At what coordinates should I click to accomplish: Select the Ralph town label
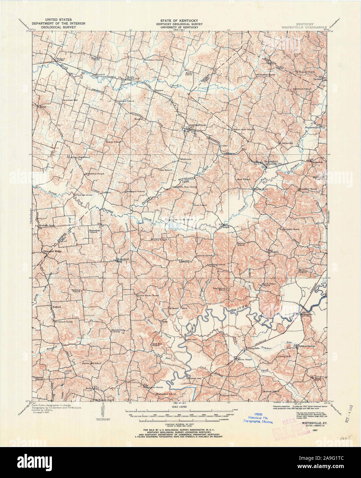(226, 227)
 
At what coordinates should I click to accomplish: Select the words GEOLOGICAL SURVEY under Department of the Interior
(52, 28)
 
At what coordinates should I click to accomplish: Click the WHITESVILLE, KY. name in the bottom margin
(311, 424)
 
